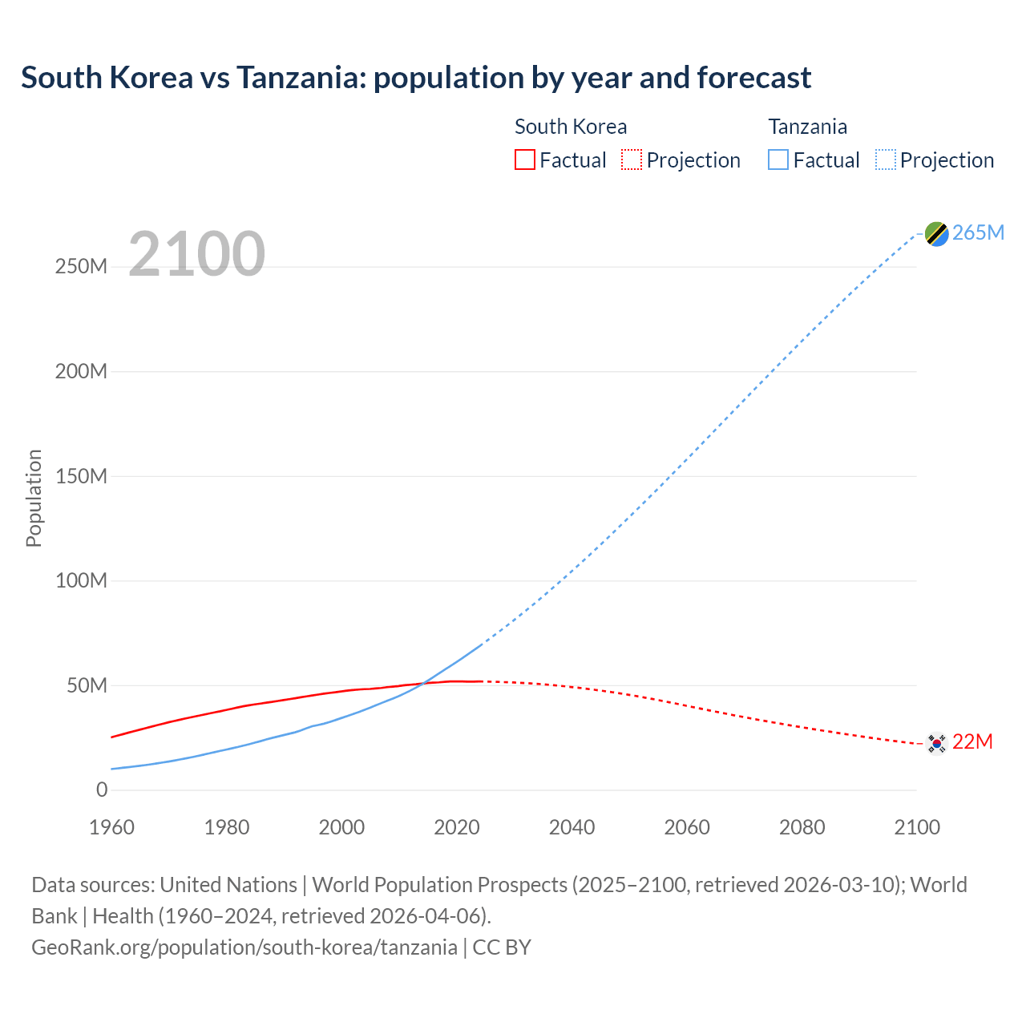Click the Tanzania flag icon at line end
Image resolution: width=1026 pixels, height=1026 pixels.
pyautogui.click(x=936, y=233)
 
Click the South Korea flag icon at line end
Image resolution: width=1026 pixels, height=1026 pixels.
pyautogui.click(x=936, y=743)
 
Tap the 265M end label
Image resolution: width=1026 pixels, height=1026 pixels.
pyautogui.click(x=979, y=232)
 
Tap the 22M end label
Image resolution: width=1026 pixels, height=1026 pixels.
pyautogui.click(x=972, y=742)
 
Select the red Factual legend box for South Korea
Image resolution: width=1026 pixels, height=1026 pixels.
pyautogui.click(x=524, y=160)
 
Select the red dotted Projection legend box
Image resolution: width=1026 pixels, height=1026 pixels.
pyautogui.click(x=632, y=160)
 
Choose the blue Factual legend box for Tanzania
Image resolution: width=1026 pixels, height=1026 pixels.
pyautogui.click(x=778, y=160)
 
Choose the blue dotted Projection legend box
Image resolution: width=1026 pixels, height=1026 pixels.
pyautogui.click(x=886, y=160)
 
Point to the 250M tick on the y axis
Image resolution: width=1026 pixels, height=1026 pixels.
pyautogui.click(x=81, y=267)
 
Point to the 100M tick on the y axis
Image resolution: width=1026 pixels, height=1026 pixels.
pyautogui.click(x=81, y=581)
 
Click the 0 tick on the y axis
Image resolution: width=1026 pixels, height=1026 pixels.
pyautogui.click(x=101, y=790)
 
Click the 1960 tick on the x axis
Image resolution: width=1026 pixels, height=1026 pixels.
pyautogui.click(x=112, y=827)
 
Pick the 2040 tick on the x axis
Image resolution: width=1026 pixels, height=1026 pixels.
pyautogui.click(x=572, y=827)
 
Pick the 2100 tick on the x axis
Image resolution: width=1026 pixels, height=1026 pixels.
pyautogui.click(x=917, y=827)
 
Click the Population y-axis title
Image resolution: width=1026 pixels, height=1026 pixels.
pyautogui.click(x=34, y=499)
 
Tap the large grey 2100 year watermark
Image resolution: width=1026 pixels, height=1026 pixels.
pyautogui.click(x=196, y=254)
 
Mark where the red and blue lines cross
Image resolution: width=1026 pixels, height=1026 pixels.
pyautogui.click(x=423, y=683)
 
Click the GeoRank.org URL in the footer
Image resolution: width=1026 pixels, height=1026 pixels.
pyautogui.click(x=244, y=947)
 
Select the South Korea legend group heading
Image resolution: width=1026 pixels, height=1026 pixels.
pyautogui.click(x=571, y=127)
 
